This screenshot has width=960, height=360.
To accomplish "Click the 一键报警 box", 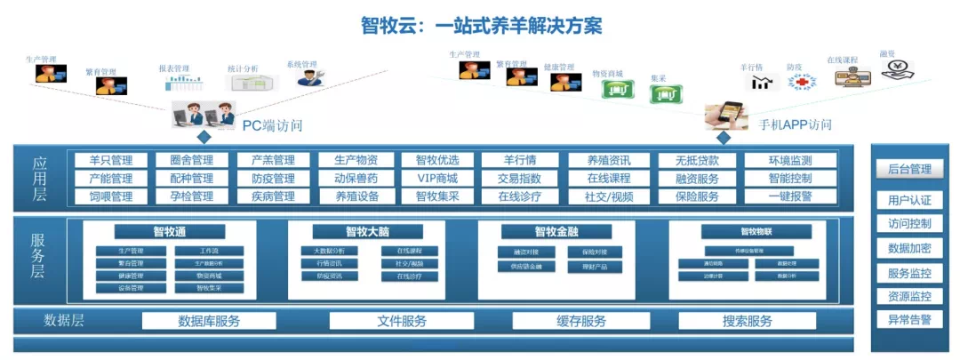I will pyautogui.click(x=790, y=196).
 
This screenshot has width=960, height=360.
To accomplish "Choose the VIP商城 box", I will pyautogui.click(x=437, y=179).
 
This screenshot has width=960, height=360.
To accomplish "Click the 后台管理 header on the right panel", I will pyautogui.click(x=908, y=169).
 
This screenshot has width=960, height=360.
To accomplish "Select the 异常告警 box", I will pyautogui.click(x=908, y=319).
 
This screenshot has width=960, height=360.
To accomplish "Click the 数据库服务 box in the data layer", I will pyautogui.click(x=209, y=321).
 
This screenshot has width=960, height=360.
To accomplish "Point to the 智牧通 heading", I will pyautogui.click(x=169, y=232).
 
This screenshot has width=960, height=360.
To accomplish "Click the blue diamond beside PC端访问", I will pyautogui.click(x=204, y=137).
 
